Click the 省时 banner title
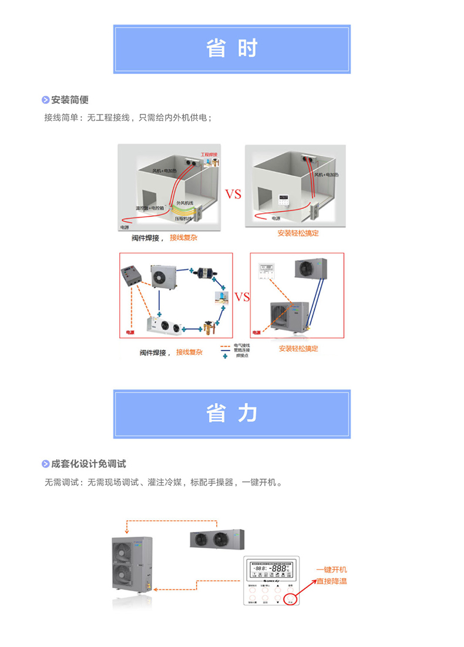tap(232, 49)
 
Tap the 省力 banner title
tap(232, 413)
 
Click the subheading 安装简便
tap(70, 99)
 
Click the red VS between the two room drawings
tap(233, 194)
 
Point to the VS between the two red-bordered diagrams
tap(242, 296)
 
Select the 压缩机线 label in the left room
tap(183, 218)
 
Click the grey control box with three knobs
tap(132, 277)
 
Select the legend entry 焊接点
tap(241, 356)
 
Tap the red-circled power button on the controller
tap(290, 598)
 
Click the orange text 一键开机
tap(331, 570)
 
